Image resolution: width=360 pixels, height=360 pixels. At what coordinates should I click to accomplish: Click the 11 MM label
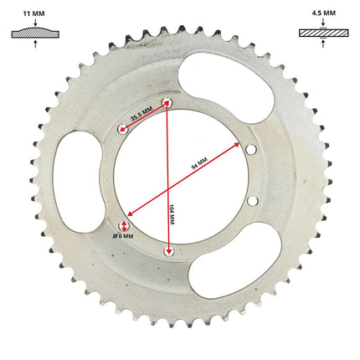tap(33, 13)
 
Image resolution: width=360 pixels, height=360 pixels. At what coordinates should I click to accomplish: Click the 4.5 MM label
tap(324, 13)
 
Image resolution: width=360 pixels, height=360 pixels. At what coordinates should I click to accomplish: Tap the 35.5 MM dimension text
tap(141, 114)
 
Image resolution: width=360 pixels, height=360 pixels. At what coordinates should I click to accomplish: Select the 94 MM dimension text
tap(199, 163)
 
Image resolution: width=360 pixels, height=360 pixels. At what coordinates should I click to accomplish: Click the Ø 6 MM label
tap(123, 236)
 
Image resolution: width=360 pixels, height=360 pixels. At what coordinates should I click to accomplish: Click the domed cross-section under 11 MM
tap(35, 33)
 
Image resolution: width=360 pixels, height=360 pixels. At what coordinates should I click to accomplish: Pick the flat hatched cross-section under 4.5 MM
tap(324, 33)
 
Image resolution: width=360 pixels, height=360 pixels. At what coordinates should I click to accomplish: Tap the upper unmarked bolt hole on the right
tap(251, 150)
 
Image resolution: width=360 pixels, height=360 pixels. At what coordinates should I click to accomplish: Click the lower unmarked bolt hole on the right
tap(252, 200)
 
